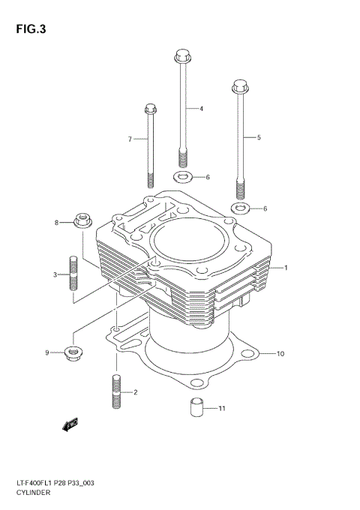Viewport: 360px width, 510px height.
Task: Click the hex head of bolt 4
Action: point(181,55)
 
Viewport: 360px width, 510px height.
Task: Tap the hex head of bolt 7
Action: point(149,109)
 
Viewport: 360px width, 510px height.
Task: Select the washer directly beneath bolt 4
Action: point(181,177)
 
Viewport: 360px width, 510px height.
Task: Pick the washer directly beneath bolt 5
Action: point(239,208)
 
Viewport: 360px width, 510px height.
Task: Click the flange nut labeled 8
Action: point(82,221)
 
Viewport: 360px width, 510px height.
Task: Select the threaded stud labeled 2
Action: point(116,391)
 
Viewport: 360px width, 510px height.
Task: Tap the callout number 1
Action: point(285,268)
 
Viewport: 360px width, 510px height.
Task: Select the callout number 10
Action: point(280,353)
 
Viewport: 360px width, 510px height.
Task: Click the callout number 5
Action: point(259,137)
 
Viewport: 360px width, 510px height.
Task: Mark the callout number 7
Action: point(129,139)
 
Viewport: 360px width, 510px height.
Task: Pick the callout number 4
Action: point(201,109)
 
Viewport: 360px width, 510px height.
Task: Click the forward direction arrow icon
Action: point(70,427)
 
